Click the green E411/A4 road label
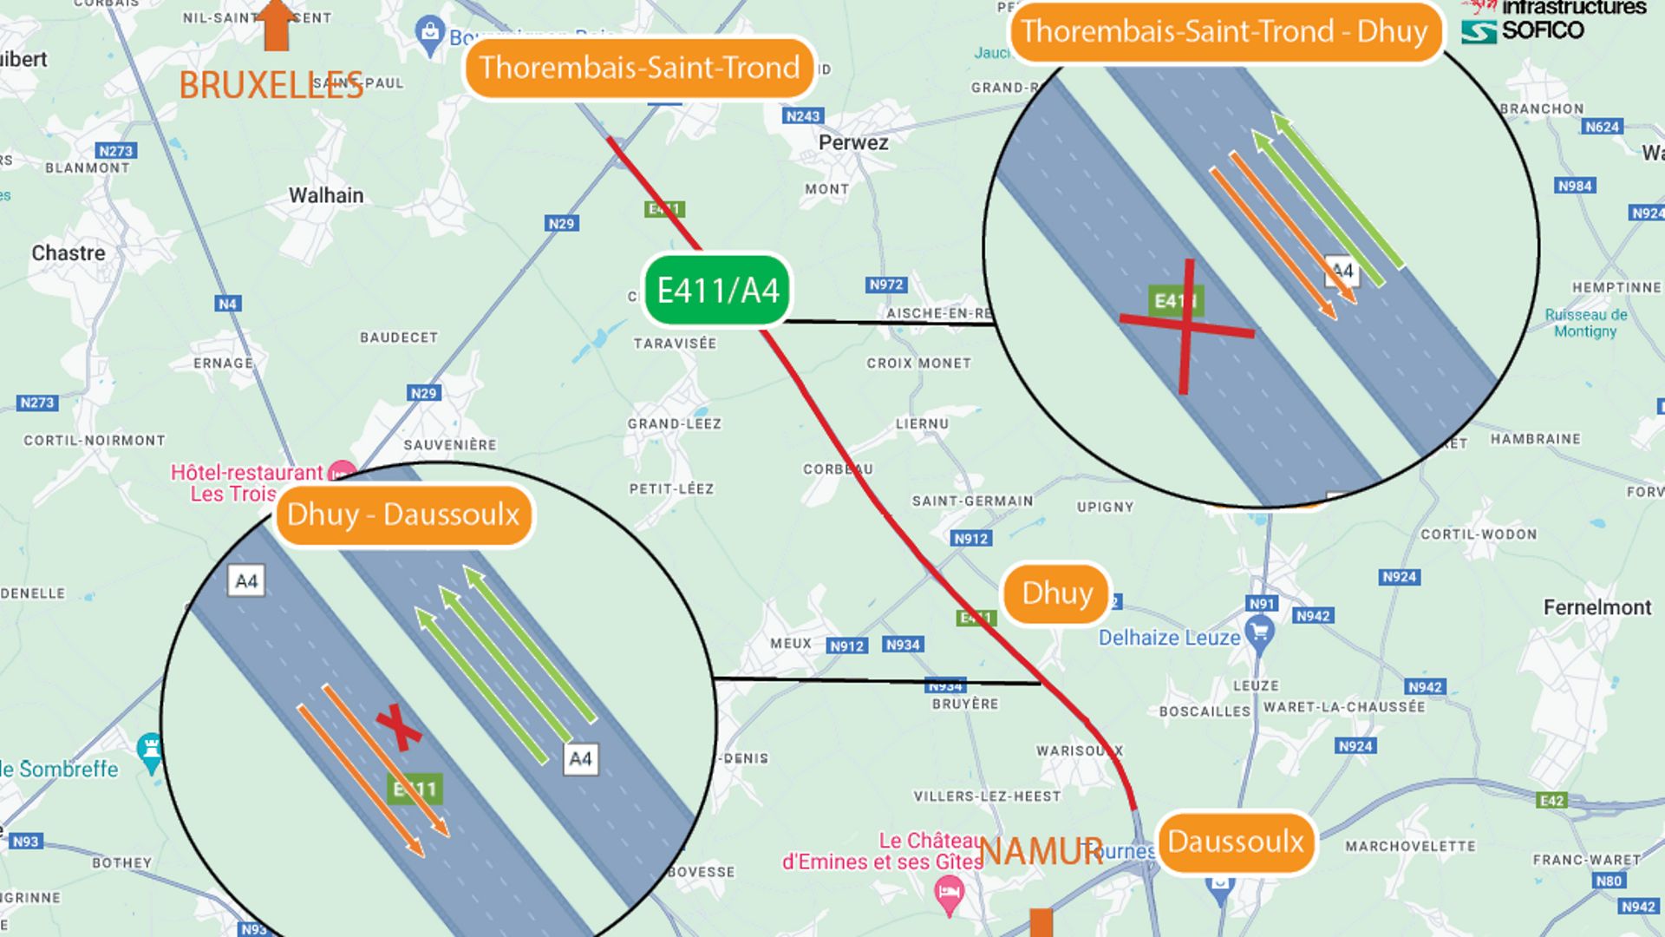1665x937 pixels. point(717,291)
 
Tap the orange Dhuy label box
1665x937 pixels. point(1056,593)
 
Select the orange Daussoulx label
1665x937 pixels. point(1236,842)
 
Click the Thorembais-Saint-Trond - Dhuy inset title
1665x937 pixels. point(1224,32)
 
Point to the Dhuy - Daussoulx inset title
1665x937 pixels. point(403,514)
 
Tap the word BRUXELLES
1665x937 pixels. point(271,85)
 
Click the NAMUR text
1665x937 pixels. point(1041,851)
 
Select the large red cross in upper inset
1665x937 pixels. point(1186,326)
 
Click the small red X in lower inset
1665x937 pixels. point(398,726)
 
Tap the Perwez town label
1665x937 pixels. point(853,142)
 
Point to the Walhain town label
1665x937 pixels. point(326,195)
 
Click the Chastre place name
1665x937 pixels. point(69,253)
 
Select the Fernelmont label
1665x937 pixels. point(1596,607)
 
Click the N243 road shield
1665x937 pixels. point(802,116)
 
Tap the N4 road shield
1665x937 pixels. point(227,304)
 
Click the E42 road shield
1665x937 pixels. point(1551,800)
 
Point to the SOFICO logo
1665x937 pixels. point(1524,30)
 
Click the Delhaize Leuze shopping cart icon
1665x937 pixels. point(1259,632)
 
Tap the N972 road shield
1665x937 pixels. point(885,285)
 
